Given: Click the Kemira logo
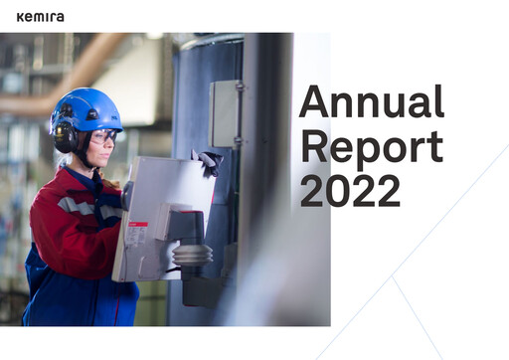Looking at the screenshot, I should [41, 16].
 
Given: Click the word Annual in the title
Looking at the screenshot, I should [371, 103].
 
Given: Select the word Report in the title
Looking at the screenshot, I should [371, 146].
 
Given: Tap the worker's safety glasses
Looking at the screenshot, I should [102, 136].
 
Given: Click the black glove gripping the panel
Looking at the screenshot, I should [208, 162].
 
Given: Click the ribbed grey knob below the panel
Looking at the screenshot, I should [192, 254].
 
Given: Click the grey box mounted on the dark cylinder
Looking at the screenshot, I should [227, 113].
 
